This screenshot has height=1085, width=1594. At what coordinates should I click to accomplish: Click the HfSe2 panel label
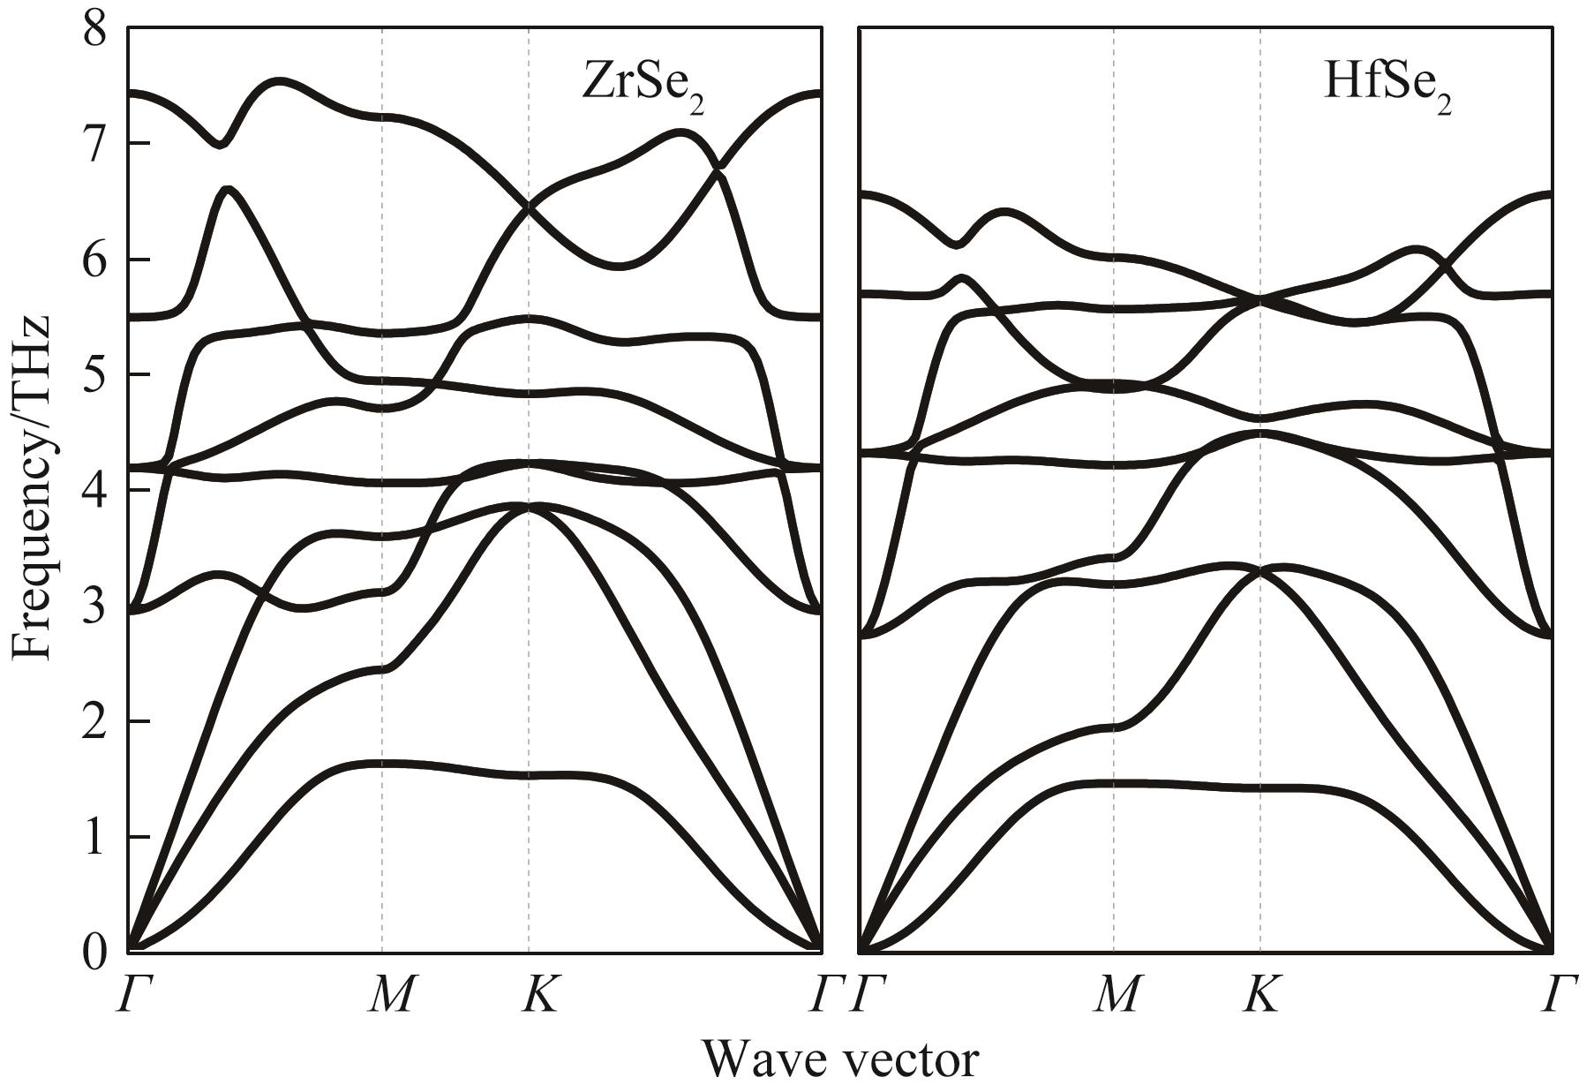coord(1387,87)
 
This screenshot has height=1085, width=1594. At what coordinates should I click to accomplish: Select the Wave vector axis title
coord(840,1058)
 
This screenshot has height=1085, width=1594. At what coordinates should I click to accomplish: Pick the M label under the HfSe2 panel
coord(1118,994)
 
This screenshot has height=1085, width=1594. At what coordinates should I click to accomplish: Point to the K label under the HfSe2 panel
coord(1263,994)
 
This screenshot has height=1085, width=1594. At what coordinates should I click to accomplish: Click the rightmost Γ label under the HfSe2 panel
coord(1559,994)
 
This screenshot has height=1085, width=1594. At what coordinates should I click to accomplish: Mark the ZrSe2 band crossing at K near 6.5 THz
coord(529,207)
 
